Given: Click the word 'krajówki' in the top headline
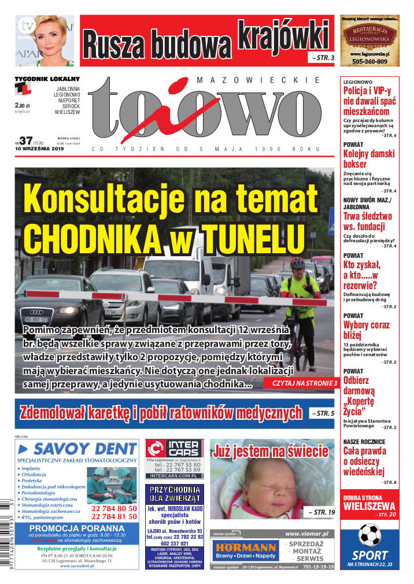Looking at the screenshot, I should tap(284, 36).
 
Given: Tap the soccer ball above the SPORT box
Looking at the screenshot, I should tap(369, 535).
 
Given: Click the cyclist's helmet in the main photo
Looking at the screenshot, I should tap(298, 264).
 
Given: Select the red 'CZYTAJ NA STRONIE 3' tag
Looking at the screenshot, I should tap(301, 383).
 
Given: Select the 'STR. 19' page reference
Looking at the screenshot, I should tap(321, 512).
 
